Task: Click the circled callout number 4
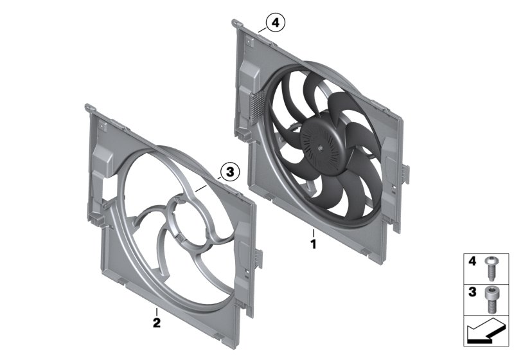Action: click(x=274, y=24)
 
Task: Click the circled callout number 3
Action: click(x=229, y=171)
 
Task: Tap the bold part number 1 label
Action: click(x=314, y=244)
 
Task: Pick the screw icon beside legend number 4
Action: click(x=493, y=264)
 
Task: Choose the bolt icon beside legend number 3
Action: click(x=493, y=294)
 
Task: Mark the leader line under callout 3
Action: click(x=209, y=183)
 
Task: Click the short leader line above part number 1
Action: click(x=314, y=232)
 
